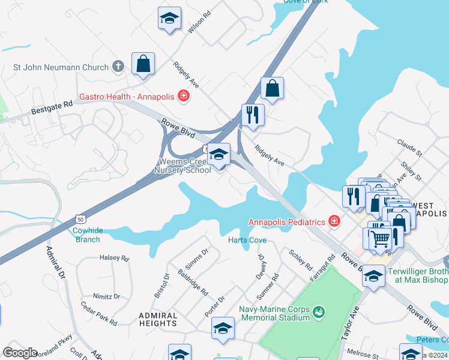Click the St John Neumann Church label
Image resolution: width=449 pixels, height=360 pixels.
[x=61, y=68]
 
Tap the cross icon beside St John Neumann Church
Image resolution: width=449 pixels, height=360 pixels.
[x=118, y=67]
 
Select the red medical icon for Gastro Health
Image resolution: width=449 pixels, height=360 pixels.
[x=183, y=96]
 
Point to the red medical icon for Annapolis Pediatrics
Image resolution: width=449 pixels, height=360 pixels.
[x=334, y=222]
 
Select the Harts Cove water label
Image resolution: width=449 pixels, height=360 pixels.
[x=247, y=240]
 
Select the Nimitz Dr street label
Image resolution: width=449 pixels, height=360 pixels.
[x=106, y=296]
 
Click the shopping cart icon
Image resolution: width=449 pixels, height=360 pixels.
[x=380, y=239]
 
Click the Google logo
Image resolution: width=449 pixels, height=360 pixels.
[x=20, y=353]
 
